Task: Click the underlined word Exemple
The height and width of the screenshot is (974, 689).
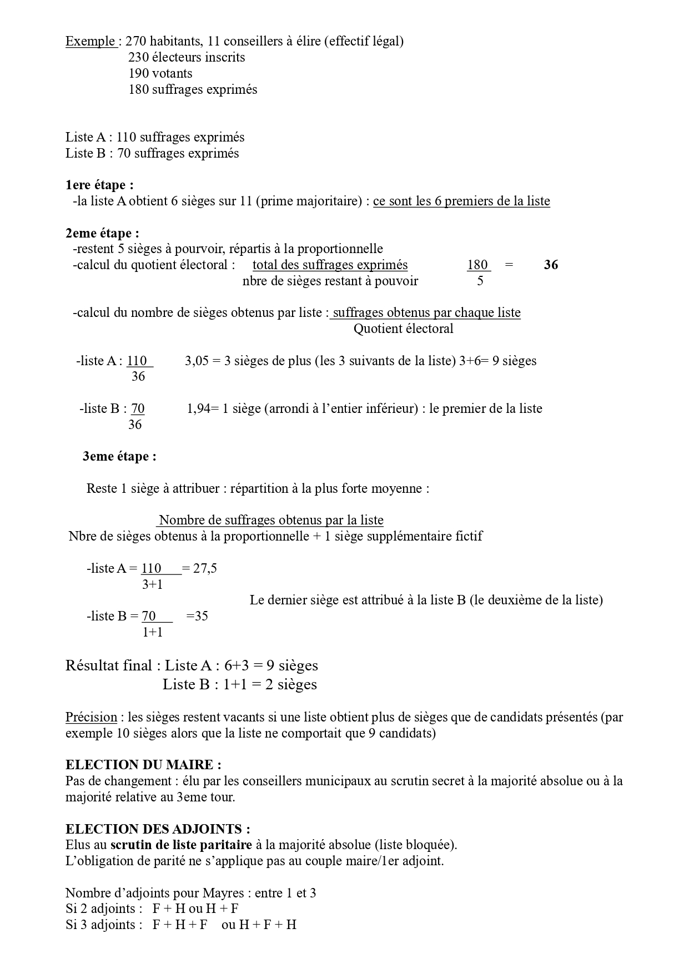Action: [x=90, y=42]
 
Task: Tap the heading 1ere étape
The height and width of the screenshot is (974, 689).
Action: [x=99, y=185]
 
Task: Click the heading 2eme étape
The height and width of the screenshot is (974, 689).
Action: [x=102, y=233]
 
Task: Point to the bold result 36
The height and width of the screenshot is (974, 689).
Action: [x=551, y=265]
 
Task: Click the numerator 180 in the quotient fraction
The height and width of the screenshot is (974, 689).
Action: [x=477, y=265]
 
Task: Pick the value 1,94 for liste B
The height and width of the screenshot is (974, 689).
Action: [x=198, y=409]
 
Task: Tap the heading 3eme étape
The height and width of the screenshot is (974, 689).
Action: [x=119, y=457]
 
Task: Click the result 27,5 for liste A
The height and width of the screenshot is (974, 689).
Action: [x=204, y=568]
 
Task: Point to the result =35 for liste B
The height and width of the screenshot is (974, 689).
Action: [x=197, y=616]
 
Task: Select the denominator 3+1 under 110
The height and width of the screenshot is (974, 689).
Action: [x=152, y=584]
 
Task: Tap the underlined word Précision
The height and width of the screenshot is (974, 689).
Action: [x=91, y=717]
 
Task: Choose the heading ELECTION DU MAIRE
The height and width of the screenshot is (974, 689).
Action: [x=143, y=765]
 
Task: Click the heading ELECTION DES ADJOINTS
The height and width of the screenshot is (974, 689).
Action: [x=158, y=829]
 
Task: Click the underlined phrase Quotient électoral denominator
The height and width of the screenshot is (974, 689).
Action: [x=404, y=329]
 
